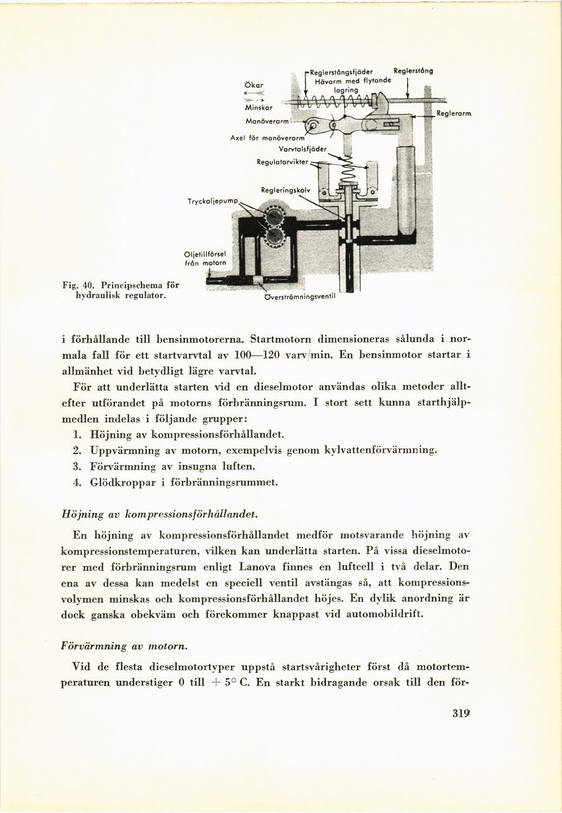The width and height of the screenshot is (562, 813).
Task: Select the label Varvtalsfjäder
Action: click(x=303, y=149)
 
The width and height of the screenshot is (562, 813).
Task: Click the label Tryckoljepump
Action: click(x=213, y=201)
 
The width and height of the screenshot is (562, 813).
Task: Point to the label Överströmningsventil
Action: click(x=300, y=297)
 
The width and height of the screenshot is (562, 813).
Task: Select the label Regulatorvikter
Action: click(x=283, y=162)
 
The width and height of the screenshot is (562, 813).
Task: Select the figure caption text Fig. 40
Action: click(x=78, y=284)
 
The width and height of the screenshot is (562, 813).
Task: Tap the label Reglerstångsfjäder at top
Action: click(x=341, y=72)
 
